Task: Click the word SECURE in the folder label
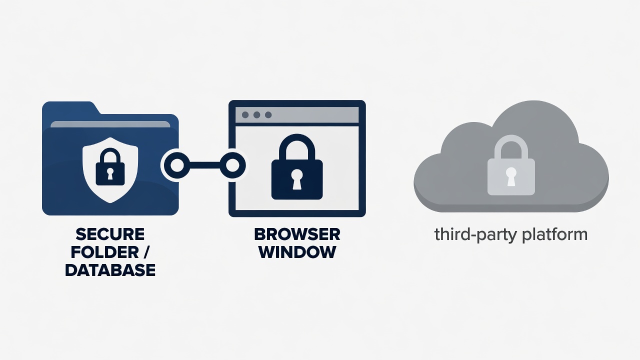tap(110, 234)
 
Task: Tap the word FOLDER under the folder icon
tap(105, 252)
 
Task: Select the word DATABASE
tap(110, 270)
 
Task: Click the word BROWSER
tap(297, 234)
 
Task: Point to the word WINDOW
tap(297, 252)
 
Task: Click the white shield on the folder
tap(110, 169)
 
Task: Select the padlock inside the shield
tap(110, 167)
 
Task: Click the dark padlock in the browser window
tap(297, 167)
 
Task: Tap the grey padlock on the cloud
tap(511, 165)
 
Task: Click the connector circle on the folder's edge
tap(177, 165)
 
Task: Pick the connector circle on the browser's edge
tap(232, 165)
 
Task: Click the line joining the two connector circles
tap(204, 165)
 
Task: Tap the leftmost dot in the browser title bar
tap(245, 115)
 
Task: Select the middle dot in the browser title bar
tap(256, 115)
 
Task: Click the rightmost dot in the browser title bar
tap(268, 115)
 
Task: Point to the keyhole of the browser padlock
tap(297, 179)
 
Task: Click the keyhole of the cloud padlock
tap(511, 176)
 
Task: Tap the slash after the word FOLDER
tap(146, 252)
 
